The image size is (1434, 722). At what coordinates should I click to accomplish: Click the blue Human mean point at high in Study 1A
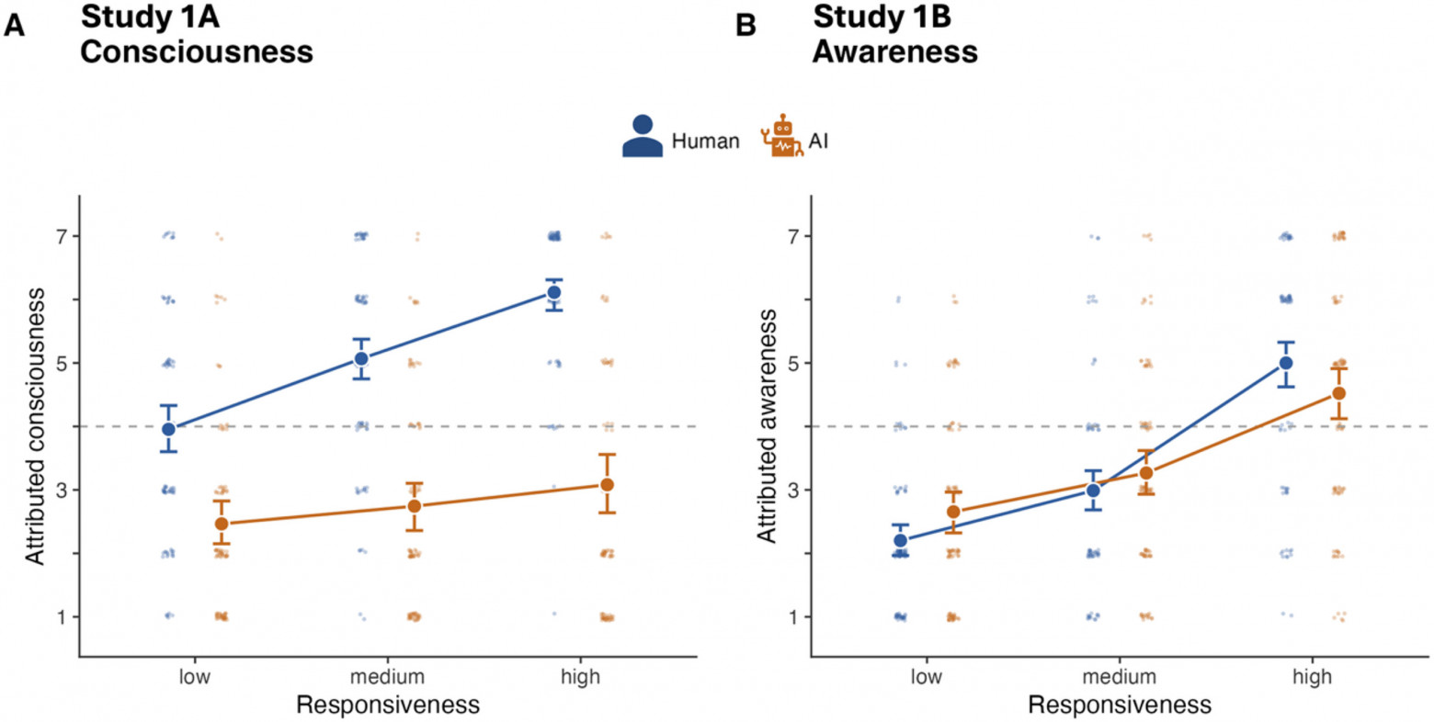coord(553,292)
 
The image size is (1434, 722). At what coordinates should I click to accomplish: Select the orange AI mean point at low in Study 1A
coord(222,524)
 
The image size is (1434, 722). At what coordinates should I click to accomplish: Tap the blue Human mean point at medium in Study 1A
coord(361,359)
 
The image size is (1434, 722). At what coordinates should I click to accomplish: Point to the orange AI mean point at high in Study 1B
coord(1338,393)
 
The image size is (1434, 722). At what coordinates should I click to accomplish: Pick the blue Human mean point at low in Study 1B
coord(901,540)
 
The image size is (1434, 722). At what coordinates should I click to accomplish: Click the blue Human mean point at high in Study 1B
coord(1285,363)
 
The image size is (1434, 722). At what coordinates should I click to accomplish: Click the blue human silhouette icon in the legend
coord(643,136)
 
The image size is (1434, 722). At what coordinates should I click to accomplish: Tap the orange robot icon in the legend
coord(782,136)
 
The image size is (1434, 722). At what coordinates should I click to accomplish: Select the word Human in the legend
coord(705,141)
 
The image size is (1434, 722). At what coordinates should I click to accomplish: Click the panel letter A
coord(14,26)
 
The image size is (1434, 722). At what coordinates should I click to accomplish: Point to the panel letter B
coord(745,26)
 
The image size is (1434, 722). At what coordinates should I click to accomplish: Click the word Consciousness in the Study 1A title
coord(197,51)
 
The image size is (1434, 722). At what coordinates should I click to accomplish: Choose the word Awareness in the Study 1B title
coord(895,51)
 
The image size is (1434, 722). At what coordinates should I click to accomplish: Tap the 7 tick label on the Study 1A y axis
coord(62,237)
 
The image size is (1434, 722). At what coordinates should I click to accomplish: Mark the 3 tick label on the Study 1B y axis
coord(794,490)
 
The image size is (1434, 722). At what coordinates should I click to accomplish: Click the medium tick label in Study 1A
coord(387,677)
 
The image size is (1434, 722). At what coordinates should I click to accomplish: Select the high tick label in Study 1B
coord(1313,677)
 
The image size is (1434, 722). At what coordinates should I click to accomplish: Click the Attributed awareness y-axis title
coord(767,426)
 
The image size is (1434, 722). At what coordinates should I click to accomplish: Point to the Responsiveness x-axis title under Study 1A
coord(388,705)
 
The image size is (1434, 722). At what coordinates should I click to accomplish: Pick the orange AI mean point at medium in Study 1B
coord(1146,473)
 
